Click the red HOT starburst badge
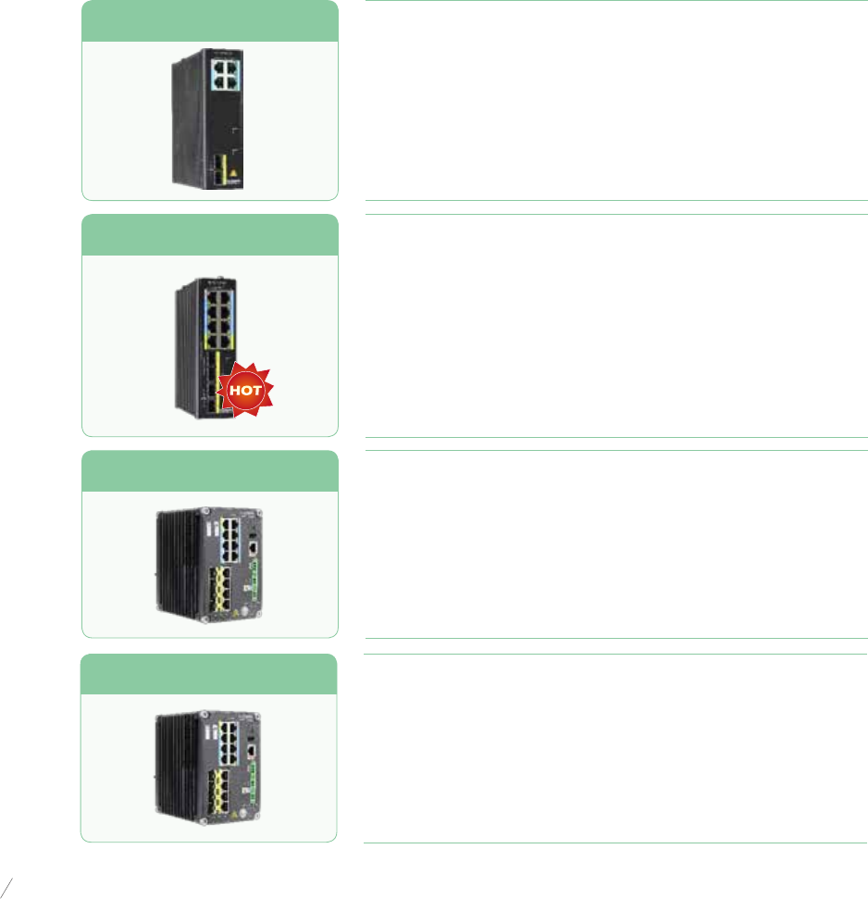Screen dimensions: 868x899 246,390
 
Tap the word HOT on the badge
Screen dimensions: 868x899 246,391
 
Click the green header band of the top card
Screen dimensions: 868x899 209,21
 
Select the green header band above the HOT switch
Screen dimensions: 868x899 209,234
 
